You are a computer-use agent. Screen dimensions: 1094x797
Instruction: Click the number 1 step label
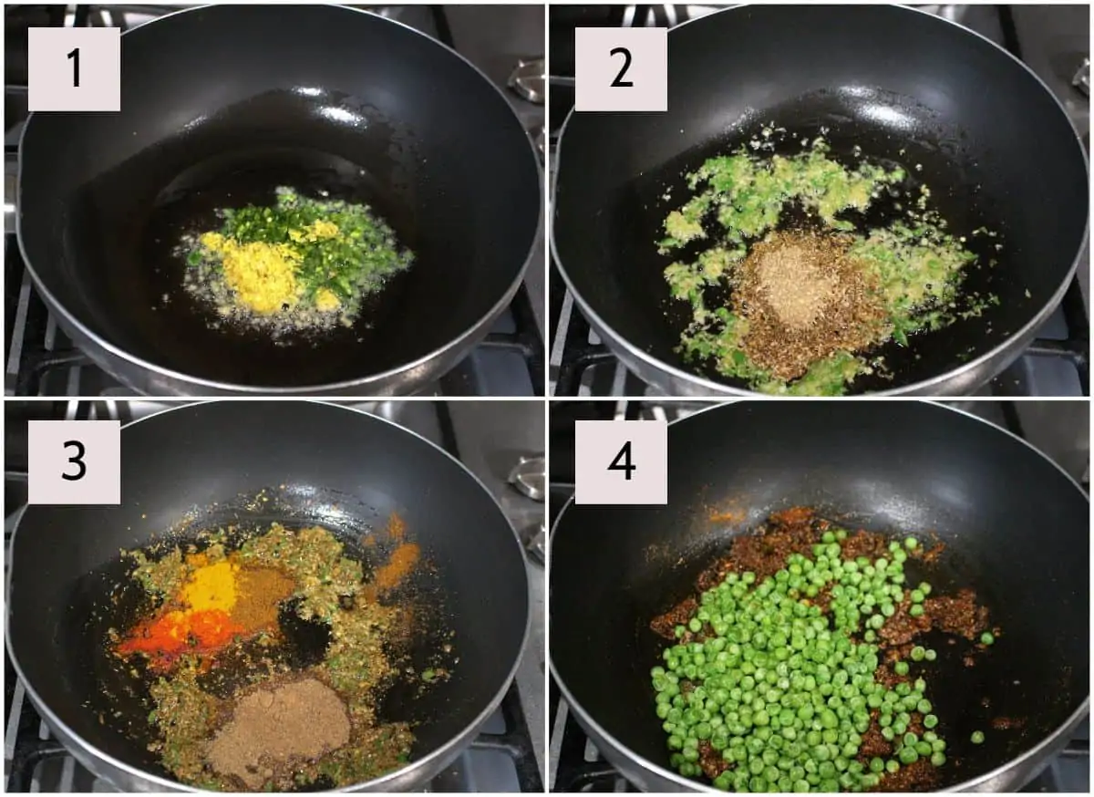(74, 69)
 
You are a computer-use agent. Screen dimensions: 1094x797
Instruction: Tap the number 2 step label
(621, 69)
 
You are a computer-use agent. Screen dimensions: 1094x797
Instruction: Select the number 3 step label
(74, 461)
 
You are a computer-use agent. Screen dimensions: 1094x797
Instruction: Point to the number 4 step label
(621, 461)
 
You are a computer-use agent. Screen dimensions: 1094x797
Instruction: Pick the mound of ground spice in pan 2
(801, 298)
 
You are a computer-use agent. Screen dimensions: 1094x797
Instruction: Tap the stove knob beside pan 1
(527, 81)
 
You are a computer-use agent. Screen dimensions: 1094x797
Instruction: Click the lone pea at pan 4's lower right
(976, 737)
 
